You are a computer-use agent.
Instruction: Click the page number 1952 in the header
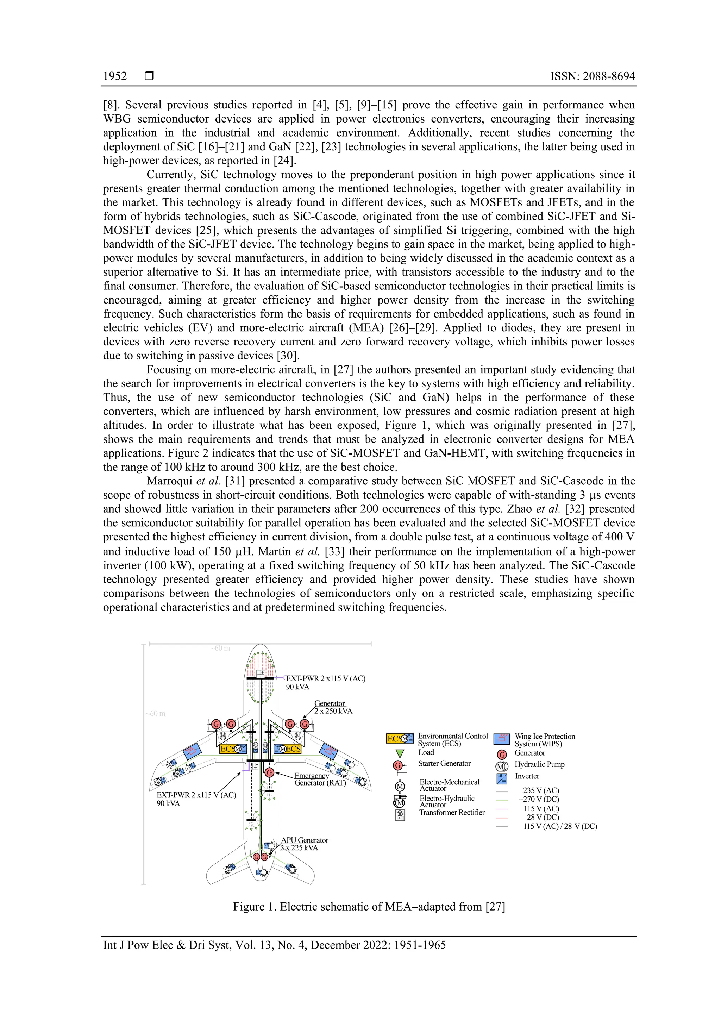pyautogui.click(x=115, y=76)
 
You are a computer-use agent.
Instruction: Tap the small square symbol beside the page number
pyautogui.click(x=149, y=76)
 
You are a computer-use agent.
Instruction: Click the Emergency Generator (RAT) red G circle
pyautogui.click(x=269, y=772)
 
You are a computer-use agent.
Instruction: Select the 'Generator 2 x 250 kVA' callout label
pyautogui.click(x=333, y=707)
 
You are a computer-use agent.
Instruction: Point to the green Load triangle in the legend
pyautogui.click(x=400, y=753)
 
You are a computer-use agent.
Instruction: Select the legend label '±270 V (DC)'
pyautogui.click(x=538, y=799)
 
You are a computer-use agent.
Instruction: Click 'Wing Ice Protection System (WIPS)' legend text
pyautogui.click(x=544, y=740)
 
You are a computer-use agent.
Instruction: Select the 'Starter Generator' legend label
pyautogui.click(x=444, y=763)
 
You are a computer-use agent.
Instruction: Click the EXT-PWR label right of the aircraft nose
pyautogui.click(x=325, y=682)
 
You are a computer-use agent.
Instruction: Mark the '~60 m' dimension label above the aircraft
pyautogui.click(x=220, y=648)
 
